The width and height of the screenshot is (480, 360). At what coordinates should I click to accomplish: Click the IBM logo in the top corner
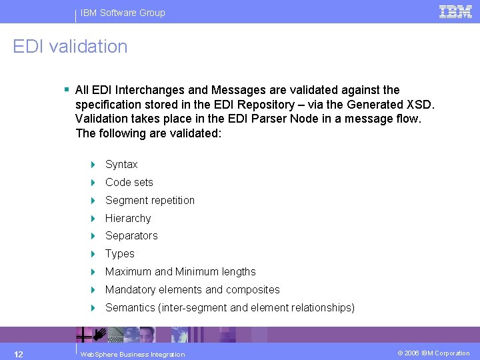pos(456,11)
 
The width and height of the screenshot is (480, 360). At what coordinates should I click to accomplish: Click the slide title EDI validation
pos(70,47)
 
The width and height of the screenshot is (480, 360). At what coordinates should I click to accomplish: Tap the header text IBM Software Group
pos(123,13)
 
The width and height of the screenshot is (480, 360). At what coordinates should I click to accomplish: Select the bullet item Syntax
pos(121,165)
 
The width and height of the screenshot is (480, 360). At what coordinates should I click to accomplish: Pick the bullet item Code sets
pos(129,183)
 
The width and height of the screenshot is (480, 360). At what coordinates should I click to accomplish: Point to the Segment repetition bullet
pos(150,201)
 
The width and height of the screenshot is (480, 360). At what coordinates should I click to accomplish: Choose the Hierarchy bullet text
pos(128,219)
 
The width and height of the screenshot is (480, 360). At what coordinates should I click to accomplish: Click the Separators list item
pos(131,236)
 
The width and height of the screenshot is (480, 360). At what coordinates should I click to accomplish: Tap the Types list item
pos(120,254)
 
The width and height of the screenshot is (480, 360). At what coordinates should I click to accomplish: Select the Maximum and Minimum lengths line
pos(180,272)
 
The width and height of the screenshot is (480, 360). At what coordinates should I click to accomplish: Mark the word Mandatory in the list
pos(131,290)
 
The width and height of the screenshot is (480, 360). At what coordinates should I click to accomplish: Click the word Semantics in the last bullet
pos(129,308)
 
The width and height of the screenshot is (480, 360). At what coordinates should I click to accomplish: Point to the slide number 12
pos(19,353)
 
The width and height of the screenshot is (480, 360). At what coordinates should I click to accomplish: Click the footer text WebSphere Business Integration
pos(132,354)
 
